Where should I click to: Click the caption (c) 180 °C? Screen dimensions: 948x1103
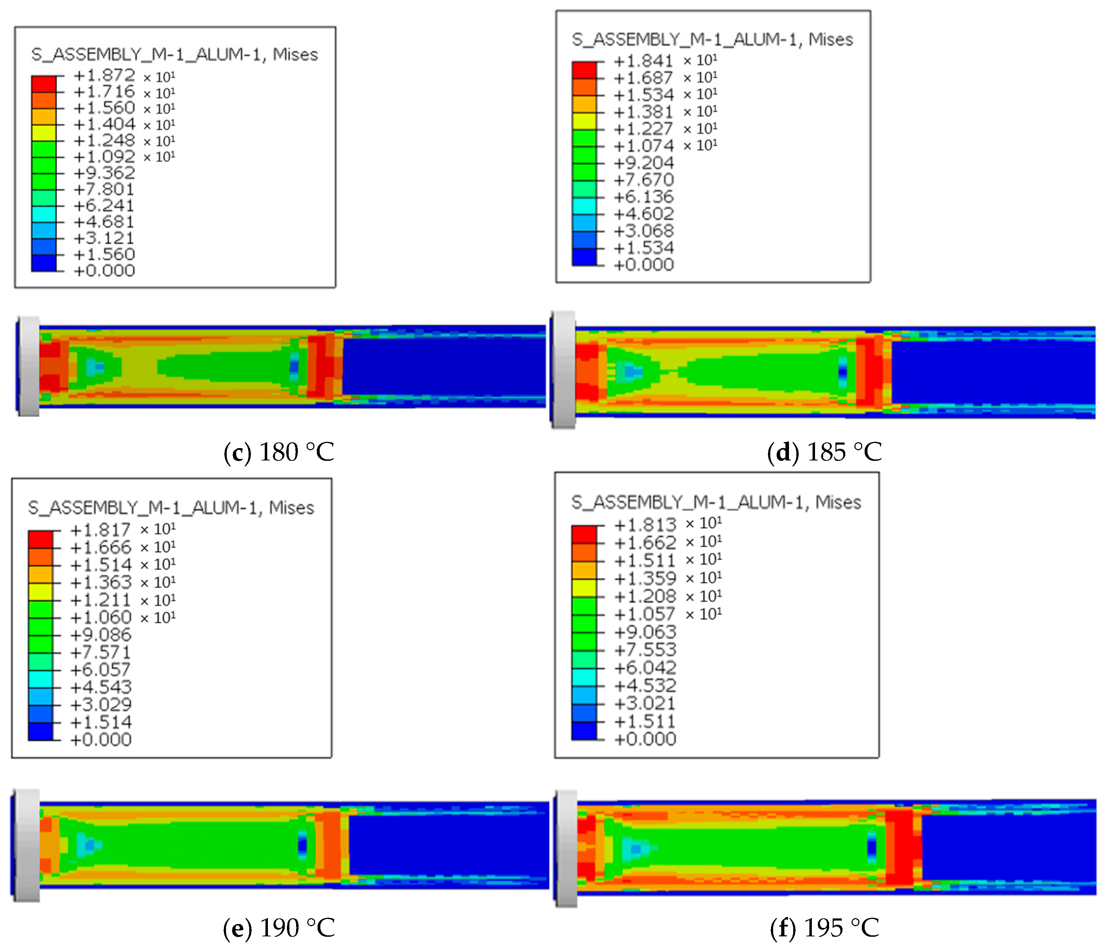tap(279, 452)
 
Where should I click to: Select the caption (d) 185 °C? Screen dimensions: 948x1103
tap(824, 452)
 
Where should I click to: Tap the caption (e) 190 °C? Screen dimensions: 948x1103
tap(279, 928)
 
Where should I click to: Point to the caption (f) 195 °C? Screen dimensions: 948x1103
tap(824, 928)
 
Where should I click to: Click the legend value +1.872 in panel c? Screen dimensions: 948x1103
tap(104, 76)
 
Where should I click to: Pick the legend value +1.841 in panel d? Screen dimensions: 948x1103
tap(644, 61)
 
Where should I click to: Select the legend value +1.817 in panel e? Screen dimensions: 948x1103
tap(101, 530)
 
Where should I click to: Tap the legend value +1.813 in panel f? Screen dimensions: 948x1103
tap(645, 525)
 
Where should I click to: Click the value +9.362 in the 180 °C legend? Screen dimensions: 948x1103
tap(104, 173)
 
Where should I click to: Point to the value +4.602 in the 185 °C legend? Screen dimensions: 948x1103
tap(644, 214)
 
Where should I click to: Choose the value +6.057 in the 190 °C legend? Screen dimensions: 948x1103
tap(101, 670)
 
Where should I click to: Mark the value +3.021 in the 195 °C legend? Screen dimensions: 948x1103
tap(645, 703)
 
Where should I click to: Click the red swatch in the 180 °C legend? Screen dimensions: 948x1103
tap(44, 84)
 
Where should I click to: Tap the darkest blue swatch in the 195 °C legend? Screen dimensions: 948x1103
tap(584, 731)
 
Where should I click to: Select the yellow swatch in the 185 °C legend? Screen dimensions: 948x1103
tap(584, 121)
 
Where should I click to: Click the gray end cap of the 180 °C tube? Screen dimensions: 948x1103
tap(29, 366)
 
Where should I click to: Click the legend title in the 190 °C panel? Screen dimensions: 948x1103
tap(171, 508)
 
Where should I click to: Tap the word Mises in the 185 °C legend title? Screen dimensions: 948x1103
tap(831, 39)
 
